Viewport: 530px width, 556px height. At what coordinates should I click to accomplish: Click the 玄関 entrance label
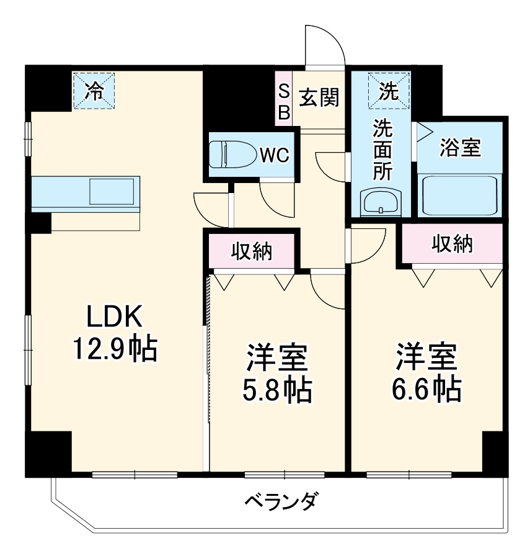pyautogui.click(x=319, y=97)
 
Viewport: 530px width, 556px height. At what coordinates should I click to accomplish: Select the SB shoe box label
pyautogui.click(x=283, y=102)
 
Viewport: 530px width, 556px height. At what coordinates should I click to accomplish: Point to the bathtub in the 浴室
pyautogui.click(x=459, y=195)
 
